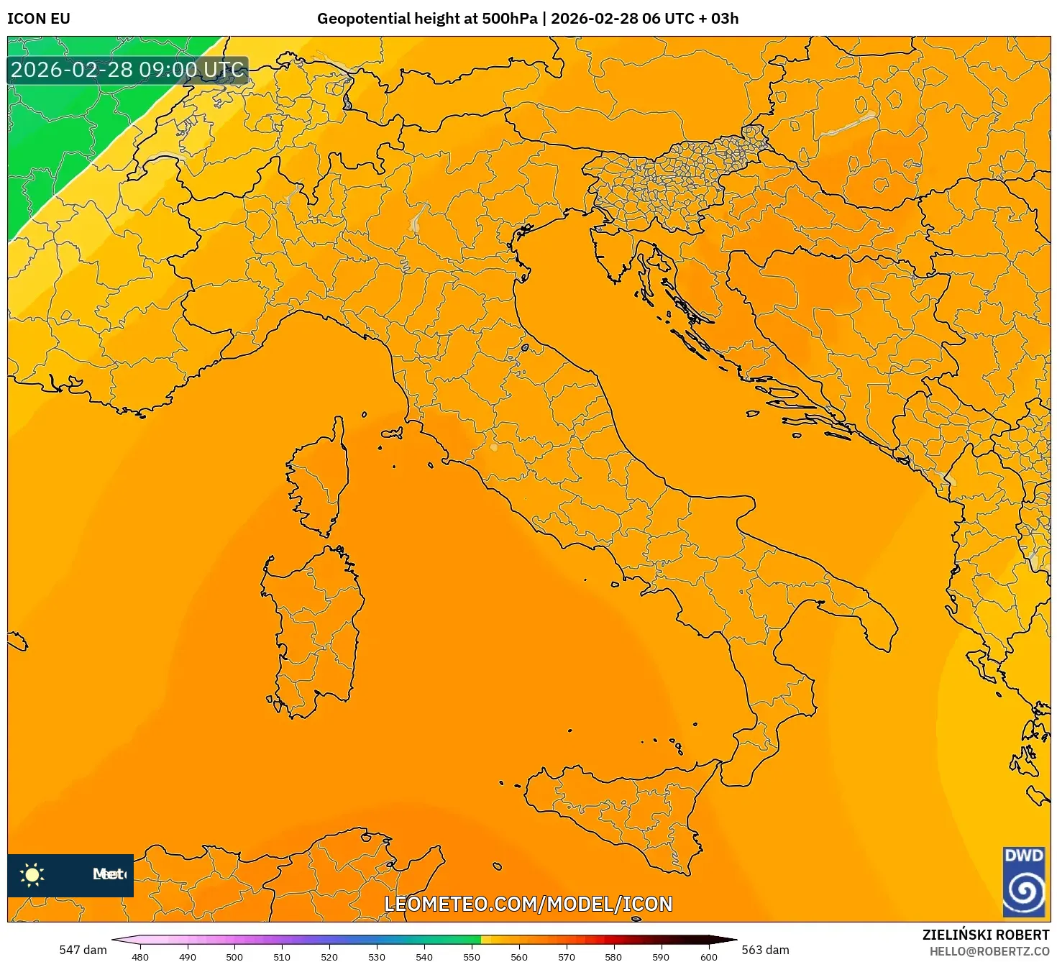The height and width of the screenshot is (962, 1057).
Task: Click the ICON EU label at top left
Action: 39,19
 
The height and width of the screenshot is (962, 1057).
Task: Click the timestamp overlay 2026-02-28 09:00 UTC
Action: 127,70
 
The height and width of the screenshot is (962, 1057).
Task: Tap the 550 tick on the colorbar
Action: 472,956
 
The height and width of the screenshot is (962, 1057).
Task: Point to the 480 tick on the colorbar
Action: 140,956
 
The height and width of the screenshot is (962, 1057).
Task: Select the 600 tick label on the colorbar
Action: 708,956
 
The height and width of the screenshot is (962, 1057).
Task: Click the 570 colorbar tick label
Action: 567,956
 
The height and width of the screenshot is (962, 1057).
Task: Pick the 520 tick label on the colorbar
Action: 329,956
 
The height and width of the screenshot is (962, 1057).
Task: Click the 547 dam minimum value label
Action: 83,950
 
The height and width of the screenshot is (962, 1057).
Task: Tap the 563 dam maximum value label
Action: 765,950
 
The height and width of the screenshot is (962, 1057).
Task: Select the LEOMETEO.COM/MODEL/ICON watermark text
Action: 528,904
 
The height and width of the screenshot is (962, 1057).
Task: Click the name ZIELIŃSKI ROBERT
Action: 986,935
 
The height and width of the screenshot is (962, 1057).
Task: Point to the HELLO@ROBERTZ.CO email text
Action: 989,951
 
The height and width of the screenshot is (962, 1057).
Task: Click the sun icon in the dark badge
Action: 32,874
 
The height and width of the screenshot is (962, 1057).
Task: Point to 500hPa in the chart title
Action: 510,19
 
